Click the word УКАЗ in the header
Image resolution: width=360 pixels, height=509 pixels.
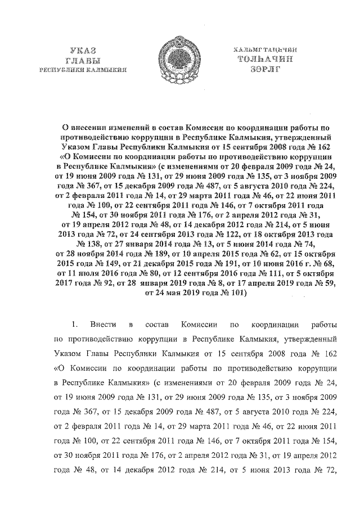click(83, 51)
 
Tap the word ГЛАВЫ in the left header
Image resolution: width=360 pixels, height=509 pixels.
click(83, 60)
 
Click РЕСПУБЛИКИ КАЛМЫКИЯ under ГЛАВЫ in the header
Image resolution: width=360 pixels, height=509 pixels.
click(83, 70)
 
